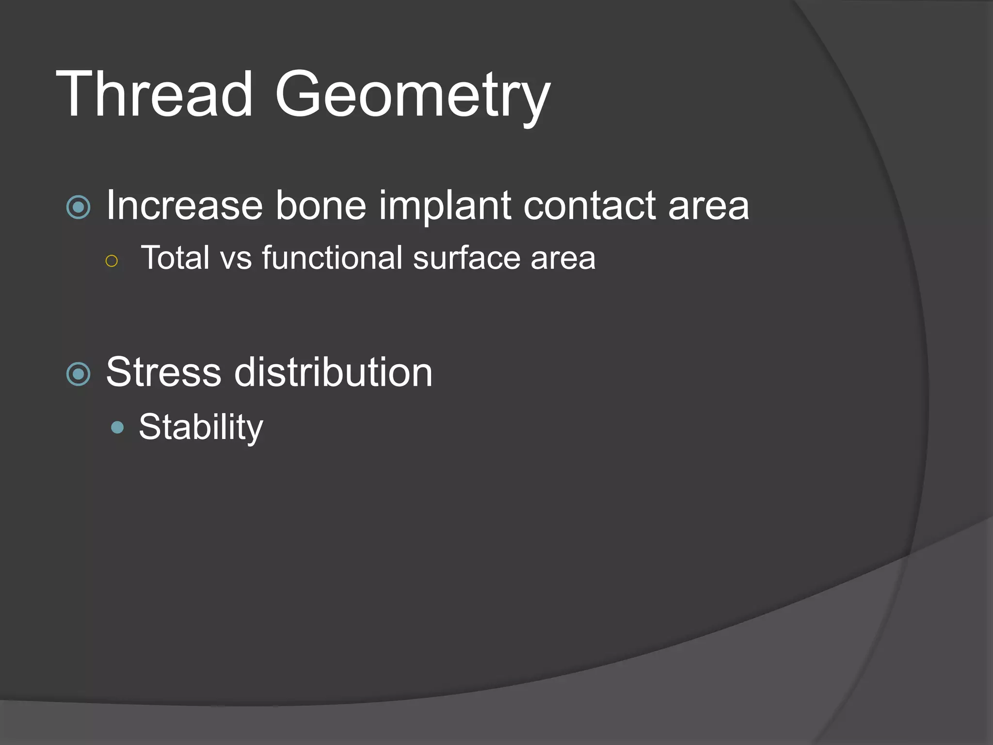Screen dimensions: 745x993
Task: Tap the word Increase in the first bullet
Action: pyautogui.click(x=184, y=206)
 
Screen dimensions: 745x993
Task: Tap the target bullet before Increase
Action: pyautogui.click(x=79, y=208)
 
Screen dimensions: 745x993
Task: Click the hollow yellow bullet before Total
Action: pyautogui.click(x=112, y=261)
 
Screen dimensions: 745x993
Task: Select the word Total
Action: pyautogui.click(x=175, y=258)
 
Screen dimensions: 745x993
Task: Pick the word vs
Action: pyautogui.click(x=236, y=259)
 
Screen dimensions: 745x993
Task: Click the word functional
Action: pyautogui.click(x=332, y=258)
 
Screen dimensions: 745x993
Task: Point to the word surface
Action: pyautogui.click(x=466, y=258)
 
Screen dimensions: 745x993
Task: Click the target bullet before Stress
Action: pyautogui.click(x=79, y=374)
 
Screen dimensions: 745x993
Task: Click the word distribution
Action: pyautogui.click(x=333, y=372)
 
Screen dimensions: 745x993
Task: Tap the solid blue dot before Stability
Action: pyautogui.click(x=117, y=427)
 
